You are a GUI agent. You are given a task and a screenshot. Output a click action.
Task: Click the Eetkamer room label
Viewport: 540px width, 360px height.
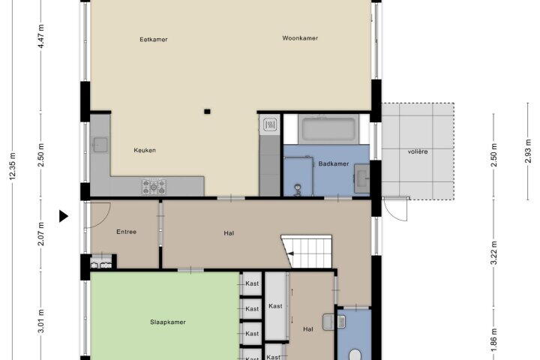[154, 40]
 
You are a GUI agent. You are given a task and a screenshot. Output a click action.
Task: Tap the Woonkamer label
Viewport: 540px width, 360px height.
[300, 38]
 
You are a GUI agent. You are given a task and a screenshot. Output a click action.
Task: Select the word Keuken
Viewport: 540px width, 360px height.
[145, 150]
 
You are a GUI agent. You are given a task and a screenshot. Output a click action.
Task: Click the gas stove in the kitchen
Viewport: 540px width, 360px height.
[154, 187]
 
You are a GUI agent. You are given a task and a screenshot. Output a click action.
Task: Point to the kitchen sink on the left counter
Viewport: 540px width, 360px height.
[100, 145]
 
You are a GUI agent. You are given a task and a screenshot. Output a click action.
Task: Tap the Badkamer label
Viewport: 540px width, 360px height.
[333, 163]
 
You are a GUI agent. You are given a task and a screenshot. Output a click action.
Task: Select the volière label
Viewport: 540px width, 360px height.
[418, 151]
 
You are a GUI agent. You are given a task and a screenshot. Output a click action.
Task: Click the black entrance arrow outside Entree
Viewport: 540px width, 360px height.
[63, 216]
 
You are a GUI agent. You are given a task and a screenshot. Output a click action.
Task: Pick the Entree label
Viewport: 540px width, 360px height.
[127, 232]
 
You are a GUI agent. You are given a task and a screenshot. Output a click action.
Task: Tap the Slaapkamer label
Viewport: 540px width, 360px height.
[168, 322]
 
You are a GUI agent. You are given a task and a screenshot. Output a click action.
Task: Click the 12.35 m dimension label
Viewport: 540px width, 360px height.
[13, 166]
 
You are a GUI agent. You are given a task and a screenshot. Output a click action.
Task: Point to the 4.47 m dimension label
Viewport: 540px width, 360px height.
[41, 36]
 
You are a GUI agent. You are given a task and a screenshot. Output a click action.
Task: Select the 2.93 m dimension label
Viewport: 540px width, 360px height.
[528, 151]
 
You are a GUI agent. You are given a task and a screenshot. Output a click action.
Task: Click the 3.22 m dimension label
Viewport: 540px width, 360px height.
[493, 253]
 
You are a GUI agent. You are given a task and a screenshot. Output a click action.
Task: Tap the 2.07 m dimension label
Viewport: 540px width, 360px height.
[41, 234]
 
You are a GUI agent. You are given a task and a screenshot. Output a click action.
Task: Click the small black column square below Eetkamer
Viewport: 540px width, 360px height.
[207, 111]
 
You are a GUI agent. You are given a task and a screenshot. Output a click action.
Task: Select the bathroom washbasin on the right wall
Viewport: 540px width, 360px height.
[361, 178]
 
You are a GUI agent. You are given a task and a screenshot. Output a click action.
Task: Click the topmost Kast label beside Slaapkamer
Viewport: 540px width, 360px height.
[252, 283]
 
